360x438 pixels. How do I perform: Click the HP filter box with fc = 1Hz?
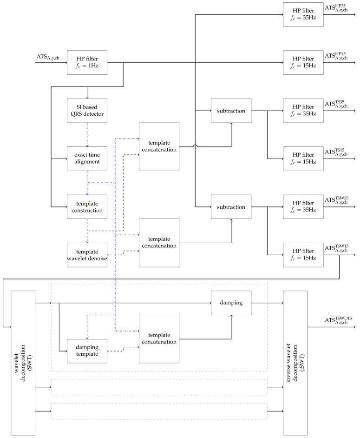click(87, 63)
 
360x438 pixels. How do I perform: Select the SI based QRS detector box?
click(87, 111)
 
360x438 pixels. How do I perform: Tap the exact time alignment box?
click(87, 159)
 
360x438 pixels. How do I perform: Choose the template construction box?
click(87, 207)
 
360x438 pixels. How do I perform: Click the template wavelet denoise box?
click(87, 255)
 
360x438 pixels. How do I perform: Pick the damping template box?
click(87, 351)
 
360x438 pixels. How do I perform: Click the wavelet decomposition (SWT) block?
click(23, 363)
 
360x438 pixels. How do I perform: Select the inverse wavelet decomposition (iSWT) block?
click(295, 363)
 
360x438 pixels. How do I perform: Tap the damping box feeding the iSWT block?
click(231, 303)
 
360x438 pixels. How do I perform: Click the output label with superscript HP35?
click(336, 8)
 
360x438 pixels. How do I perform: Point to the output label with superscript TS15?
click(336, 152)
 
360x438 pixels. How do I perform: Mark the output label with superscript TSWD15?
click(338, 320)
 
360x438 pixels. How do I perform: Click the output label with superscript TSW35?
click(337, 200)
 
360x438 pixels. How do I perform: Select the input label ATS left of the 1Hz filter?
click(48, 57)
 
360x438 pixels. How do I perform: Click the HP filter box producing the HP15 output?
click(303, 63)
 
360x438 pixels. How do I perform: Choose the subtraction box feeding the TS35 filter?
click(231, 111)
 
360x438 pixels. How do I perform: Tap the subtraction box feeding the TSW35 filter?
click(231, 207)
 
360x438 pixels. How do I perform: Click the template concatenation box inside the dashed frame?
click(159, 339)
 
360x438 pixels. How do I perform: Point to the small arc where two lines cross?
click(195, 145)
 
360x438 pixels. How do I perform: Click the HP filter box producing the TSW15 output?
click(303, 255)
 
